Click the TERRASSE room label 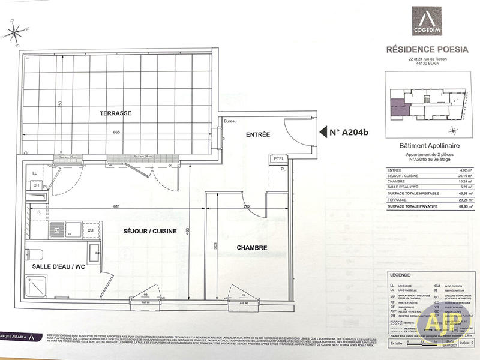116,113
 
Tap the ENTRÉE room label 258,134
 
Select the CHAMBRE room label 251,247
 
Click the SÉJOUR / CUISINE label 151,231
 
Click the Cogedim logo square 428,21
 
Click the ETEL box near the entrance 277,159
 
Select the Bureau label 230,122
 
